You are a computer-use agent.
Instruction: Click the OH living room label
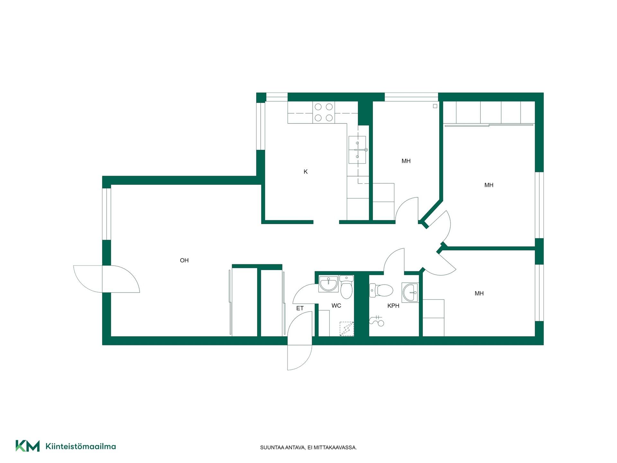coord(184,260)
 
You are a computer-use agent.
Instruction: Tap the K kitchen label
coord(306,172)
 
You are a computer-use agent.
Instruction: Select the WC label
coord(336,305)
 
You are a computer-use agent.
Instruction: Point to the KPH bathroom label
coord(393,306)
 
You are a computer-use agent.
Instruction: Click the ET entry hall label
coord(300,308)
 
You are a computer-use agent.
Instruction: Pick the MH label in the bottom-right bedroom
coord(479,293)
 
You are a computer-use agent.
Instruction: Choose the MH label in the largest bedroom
coord(489,185)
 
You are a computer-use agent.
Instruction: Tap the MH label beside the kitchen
coord(406,161)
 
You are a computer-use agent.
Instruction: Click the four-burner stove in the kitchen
coord(324,112)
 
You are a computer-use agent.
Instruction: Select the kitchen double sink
coord(357,150)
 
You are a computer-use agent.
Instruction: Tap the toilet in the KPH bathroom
coord(381,290)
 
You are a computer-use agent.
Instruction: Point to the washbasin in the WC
coord(328,284)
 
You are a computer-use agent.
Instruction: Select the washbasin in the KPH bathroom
coord(410,293)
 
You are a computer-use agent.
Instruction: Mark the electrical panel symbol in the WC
coord(347,329)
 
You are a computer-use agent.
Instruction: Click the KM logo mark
coord(28,446)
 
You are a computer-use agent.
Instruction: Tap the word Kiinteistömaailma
coord(81,446)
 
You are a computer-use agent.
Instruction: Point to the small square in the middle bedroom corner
coord(435,106)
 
